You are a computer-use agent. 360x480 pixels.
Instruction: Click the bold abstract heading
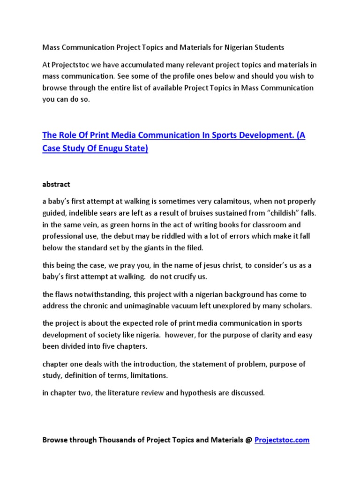click(56, 184)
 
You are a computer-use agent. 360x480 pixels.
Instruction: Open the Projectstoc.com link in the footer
click(282, 440)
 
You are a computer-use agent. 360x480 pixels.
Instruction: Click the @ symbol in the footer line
click(248, 440)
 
